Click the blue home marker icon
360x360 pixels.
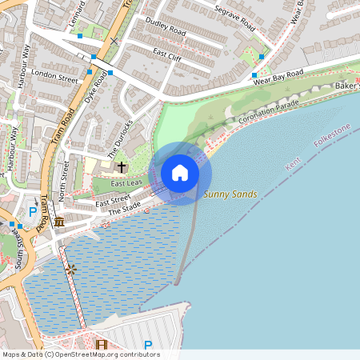pyautogui.click(x=180, y=173)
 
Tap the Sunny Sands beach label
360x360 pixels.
pyautogui.click(x=230, y=194)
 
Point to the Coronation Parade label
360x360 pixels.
pyautogui.click(x=268, y=112)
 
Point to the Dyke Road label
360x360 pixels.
pyautogui.click(x=95, y=90)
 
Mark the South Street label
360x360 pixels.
pyautogui.click(x=21, y=250)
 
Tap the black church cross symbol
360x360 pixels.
pyautogui.click(x=122, y=167)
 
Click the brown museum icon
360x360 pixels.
pyautogui.click(x=59, y=220)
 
